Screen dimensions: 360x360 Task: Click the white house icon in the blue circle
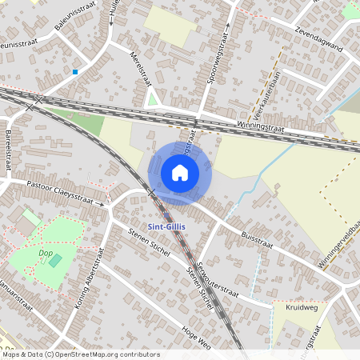tap(180, 173)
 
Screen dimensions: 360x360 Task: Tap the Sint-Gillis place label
tap(166, 227)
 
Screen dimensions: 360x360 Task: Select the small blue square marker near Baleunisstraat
tap(75, 72)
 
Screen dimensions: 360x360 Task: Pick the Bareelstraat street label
tap(9, 147)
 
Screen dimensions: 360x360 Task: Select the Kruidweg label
tap(301, 306)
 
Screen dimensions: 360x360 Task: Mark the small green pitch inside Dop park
tap(54, 260)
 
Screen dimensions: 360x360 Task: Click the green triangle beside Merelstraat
tap(152, 98)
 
